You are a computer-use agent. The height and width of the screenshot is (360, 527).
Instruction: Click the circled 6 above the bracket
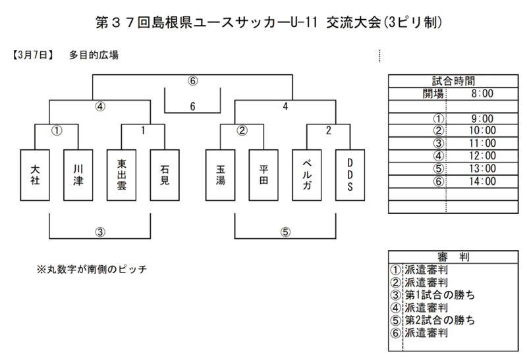[192, 81]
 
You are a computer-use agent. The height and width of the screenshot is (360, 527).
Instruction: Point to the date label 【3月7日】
[32, 55]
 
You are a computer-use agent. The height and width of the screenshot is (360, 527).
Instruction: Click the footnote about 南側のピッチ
[92, 269]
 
